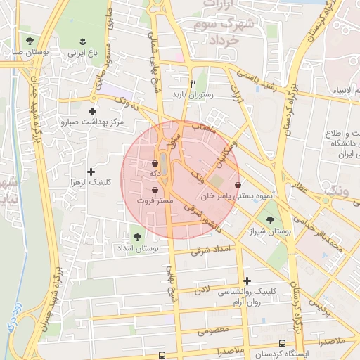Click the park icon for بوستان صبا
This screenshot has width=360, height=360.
pos(29,40)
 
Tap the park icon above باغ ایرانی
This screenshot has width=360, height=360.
pos(84,40)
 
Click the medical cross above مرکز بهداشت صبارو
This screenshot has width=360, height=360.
pos(92,111)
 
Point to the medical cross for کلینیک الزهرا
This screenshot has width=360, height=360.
pos(91,171)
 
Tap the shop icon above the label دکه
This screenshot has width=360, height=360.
pos(155,164)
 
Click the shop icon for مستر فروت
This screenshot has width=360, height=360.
pos(155,190)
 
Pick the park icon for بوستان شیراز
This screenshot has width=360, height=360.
pos(269,220)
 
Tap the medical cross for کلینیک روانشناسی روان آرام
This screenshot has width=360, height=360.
pos(247,281)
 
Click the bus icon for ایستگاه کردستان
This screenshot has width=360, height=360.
pos(282,343)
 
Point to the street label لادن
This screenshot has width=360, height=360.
pos(202,288)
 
